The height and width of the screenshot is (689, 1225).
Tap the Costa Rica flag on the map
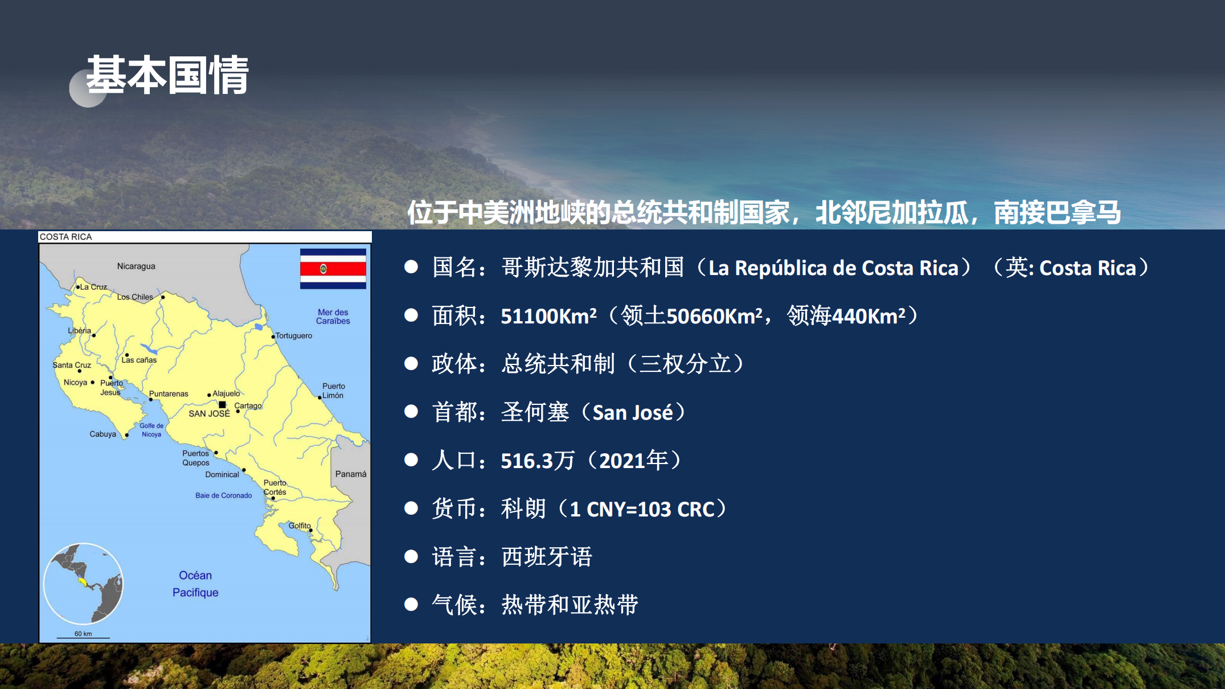click(333, 269)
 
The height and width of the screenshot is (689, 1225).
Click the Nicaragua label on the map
click(136, 266)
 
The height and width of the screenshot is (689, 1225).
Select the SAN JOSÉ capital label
click(209, 413)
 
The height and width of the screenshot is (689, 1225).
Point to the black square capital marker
click(223, 405)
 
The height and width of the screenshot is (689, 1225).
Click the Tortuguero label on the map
click(294, 335)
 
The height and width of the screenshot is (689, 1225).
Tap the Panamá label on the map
click(351, 474)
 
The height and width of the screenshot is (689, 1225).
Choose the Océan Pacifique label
click(195, 584)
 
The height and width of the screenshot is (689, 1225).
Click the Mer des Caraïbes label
click(333, 317)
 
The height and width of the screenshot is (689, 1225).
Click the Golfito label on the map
click(300, 526)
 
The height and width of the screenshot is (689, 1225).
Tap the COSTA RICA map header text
click(65, 237)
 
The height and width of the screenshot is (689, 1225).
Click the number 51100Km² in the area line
click(548, 316)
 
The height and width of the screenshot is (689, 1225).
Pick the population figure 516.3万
click(538, 461)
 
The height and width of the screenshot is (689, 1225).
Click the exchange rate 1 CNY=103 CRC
click(642, 509)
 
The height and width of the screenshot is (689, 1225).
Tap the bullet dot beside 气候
click(411, 605)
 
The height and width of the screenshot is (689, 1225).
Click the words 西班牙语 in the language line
click(547, 557)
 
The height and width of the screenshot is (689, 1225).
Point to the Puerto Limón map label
click(333, 391)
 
